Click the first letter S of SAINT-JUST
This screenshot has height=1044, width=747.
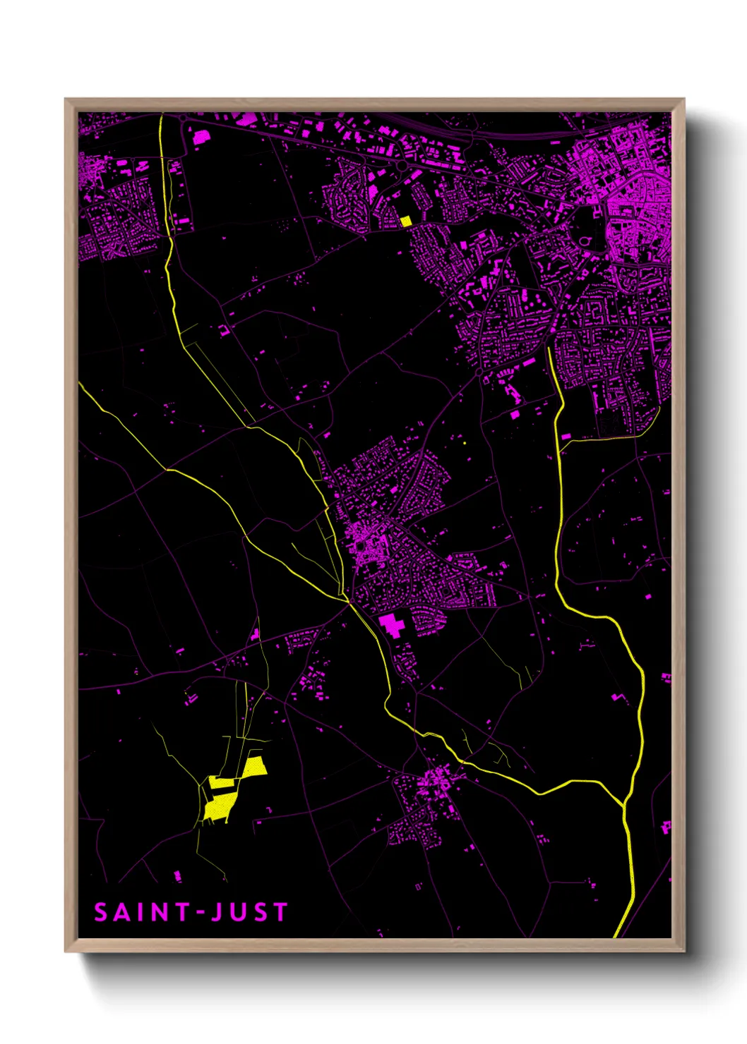tap(101, 912)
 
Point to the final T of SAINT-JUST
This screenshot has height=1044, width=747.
tap(280, 912)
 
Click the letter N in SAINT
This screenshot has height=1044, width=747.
tap(159, 912)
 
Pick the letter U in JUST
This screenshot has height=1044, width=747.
tap(238, 912)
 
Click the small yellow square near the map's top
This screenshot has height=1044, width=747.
tap(405, 221)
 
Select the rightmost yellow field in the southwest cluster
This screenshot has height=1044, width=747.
tap(254, 767)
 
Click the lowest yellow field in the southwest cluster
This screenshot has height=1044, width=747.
tap(216, 808)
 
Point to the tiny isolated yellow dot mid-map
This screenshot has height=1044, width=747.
tap(465, 443)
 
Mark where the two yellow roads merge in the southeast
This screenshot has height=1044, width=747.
tap(624, 804)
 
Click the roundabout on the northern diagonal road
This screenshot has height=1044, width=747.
tap(401, 165)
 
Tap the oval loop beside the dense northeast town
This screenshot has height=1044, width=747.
tap(585, 241)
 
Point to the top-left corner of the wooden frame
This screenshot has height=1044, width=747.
tap(66, 99)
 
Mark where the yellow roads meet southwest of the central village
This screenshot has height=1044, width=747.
tap(348, 601)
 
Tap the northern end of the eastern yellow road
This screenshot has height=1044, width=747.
tap(549, 348)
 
